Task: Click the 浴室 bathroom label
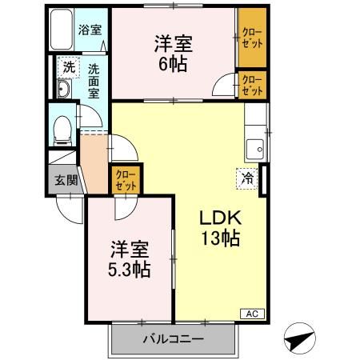click(x=90, y=30)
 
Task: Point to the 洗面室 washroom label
click(x=94, y=80)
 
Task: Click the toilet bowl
click(x=62, y=128)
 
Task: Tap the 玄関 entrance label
click(x=66, y=181)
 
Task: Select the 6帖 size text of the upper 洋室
click(x=174, y=63)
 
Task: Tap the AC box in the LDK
click(x=251, y=314)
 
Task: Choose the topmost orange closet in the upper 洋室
click(x=251, y=37)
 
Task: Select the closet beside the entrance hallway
click(x=125, y=178)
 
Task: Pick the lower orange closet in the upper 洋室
click(x=251, y=85)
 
